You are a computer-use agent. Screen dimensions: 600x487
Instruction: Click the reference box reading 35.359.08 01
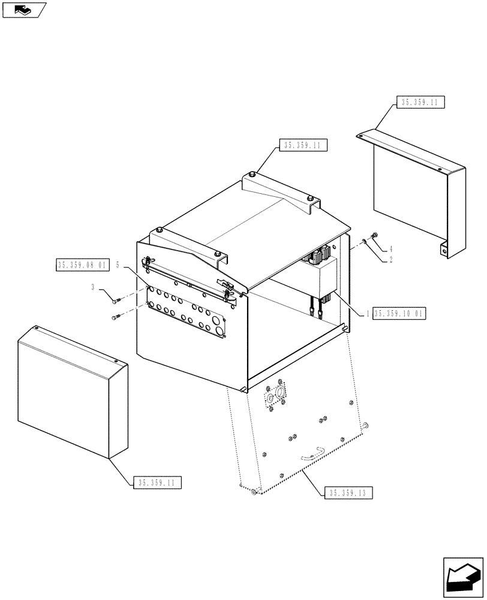tap(82, 265)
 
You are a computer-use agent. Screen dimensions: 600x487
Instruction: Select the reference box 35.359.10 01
tap(399, 313)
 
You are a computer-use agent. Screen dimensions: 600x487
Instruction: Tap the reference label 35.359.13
tap(349, 493)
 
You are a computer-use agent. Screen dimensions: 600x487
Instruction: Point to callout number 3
tap(93, 288)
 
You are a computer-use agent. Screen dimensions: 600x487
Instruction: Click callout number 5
tap(118, 264)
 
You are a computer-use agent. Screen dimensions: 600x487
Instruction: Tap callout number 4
tap(390, 248)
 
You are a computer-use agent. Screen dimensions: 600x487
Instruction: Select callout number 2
tap(390, 259)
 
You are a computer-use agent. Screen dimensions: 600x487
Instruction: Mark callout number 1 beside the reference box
tap(367, 313)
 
